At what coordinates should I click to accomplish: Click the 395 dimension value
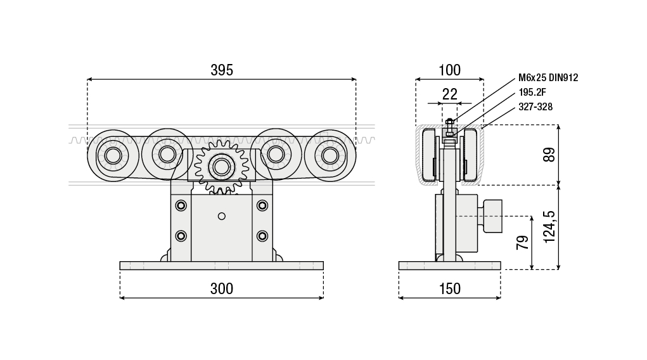pos(222,70)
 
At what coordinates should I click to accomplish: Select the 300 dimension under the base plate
pos(222,289)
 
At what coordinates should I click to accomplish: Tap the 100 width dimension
pos(449,70)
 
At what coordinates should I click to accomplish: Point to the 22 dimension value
pos(449,94)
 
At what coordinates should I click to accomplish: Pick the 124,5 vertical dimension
pos(549,226)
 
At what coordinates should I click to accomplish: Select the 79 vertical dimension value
pos(523,242)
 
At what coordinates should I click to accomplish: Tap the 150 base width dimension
pos(449,289)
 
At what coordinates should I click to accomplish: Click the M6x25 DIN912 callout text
pos(548,78)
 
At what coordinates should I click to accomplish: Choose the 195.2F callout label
pos(532,93)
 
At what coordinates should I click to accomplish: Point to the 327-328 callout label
pos(535,107)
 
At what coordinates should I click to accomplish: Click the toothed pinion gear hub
pos(221,167)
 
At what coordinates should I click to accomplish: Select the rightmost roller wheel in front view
pos(330,155)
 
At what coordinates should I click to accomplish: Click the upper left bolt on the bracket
pos(182,205)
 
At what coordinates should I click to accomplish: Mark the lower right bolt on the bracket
pos(262,236)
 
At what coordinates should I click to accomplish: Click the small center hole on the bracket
pos(221,216)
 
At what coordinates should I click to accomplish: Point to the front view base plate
pos(221,266)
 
